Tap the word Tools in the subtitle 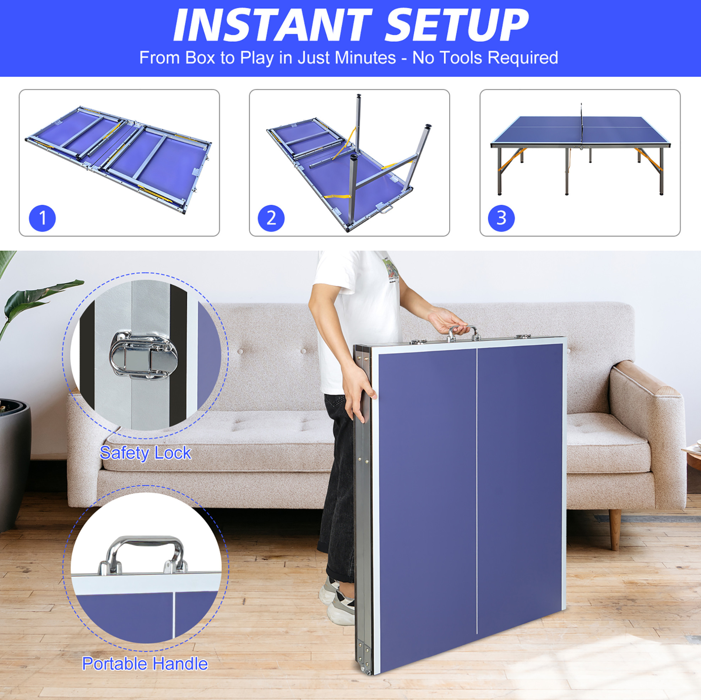pyautogui.click(x=466, y=58)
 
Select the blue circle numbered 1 pyautogui.click(x=42, y=218)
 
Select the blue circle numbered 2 pyautogui.click(x=271, y=218)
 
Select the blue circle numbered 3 pyautogui.click(x=501, y=218)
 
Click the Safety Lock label pyautogui.click(x=145, y=453)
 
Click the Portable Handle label pyautogui.click(x=145, y=664)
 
